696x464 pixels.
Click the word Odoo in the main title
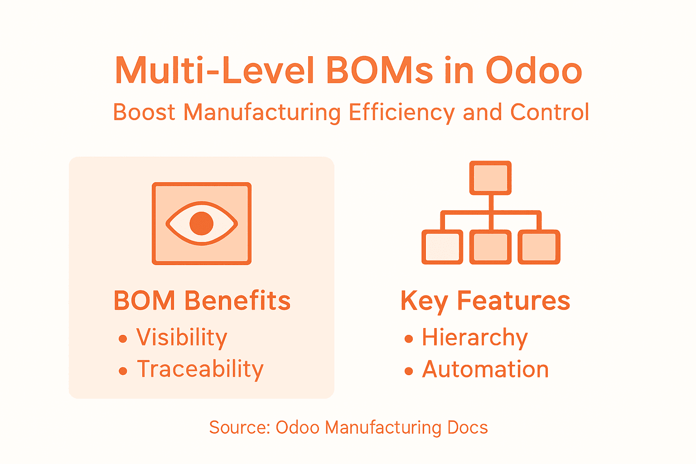click(534, 71)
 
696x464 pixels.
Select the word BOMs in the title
click(379, 71)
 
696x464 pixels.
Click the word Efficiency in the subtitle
click(401, 112)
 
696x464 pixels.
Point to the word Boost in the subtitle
click(144, 112)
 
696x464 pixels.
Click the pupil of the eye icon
click(202, 223)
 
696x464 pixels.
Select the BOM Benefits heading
click(202, 301)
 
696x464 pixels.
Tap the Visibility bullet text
click(182, 338)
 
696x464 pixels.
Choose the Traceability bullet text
click(200, 369)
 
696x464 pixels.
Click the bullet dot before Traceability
click(123, 371)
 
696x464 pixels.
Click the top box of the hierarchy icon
click(490, 178)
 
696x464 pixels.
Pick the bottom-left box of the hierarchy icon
click(442, 247)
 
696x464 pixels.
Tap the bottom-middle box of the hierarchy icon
click(490, 247)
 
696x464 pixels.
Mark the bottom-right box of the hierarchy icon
click(539, 247)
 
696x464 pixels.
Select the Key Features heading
click(485, 301)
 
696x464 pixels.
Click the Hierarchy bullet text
click(475, 338)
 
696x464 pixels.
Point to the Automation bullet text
click(485, 369)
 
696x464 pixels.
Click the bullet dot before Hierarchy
click(409, 339)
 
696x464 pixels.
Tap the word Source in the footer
click(239, 427)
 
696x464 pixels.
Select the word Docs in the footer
click(467, 427)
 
